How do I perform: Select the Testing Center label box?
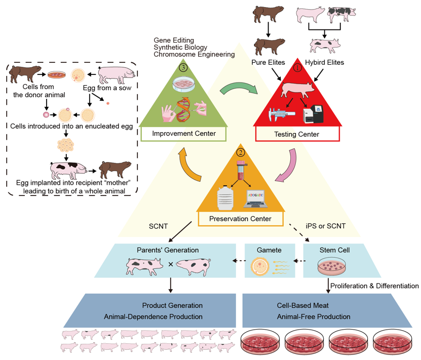297,134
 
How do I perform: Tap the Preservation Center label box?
240,219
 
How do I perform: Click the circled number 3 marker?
183,66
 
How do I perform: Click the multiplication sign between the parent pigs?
170,264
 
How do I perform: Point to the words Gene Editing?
173,40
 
